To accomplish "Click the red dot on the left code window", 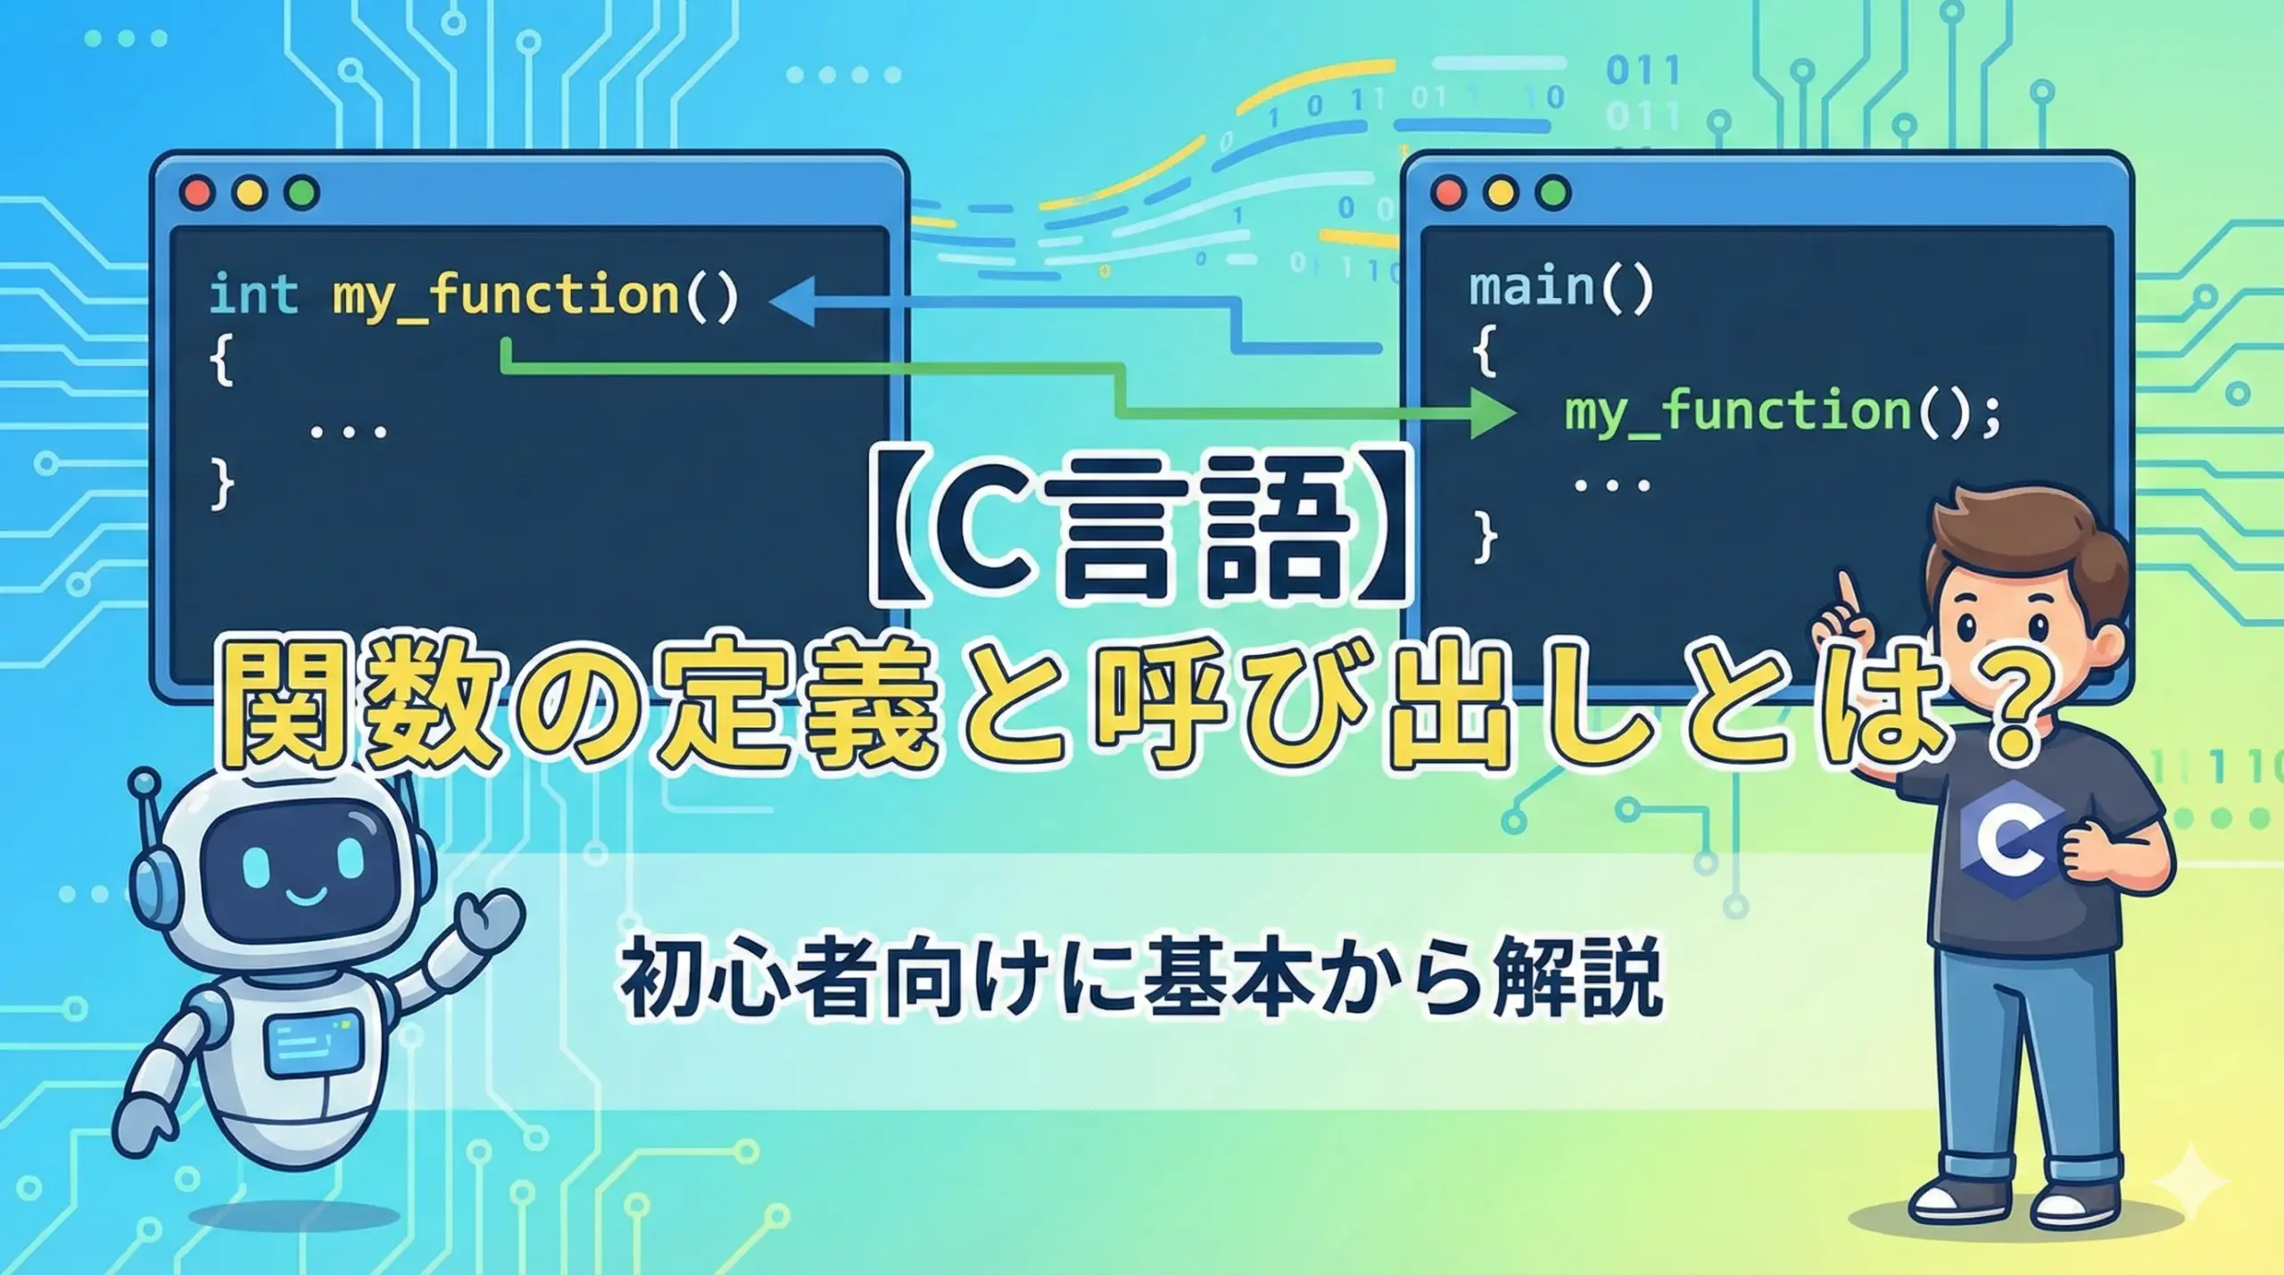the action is (x=197, y=193).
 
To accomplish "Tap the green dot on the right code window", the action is (x=1553, y=193).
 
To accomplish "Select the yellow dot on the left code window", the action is (x=249, y=193).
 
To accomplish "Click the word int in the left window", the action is (x=253, y=294).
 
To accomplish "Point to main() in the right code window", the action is (x=1561, y=287).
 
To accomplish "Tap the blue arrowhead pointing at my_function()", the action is (x=792, y=302).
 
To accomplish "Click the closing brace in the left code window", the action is (x=223, y=485).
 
